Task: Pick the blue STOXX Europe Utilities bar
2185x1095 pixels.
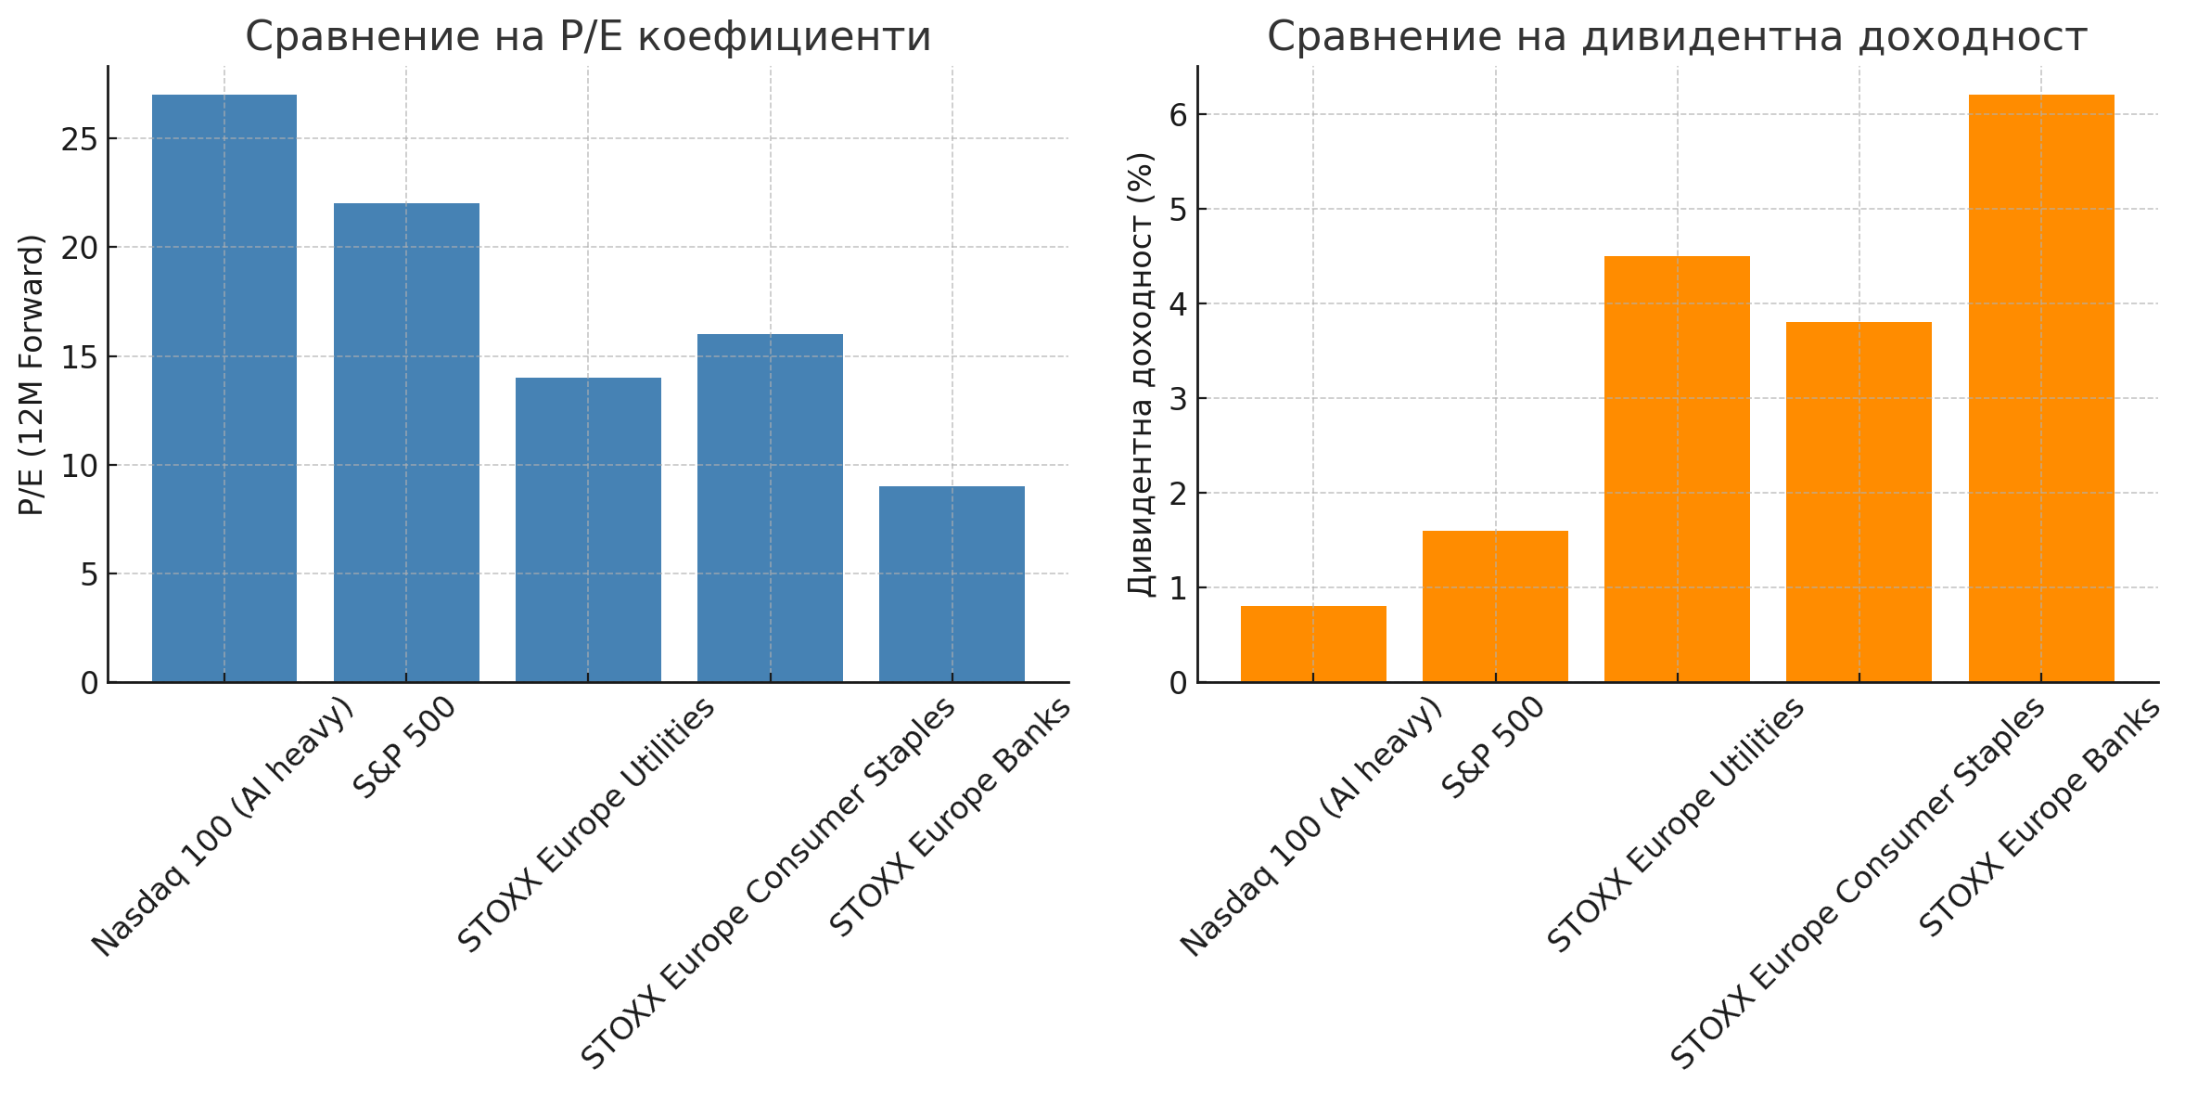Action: [x=588, y=530]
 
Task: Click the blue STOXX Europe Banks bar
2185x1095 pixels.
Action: [x=952, y=584]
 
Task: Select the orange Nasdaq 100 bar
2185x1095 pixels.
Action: [x=1313, y=644]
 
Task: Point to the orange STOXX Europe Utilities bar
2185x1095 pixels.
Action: [x=1677, y=469]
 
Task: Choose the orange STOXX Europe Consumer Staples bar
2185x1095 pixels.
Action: [x=1859, y=502]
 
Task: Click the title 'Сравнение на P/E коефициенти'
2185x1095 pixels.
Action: [x=588, y=37]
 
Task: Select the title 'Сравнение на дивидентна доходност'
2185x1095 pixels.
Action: [x=1677, y=37]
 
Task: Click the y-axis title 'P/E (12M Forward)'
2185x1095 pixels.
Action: [x=32, y=375]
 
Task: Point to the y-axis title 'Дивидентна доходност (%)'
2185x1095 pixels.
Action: [x=1141, y=375]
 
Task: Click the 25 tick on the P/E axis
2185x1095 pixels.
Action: [x=80, y=139]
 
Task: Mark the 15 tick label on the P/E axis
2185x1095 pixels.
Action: [x=80, y=357]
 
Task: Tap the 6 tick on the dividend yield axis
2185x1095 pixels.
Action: [x=1178, y=115]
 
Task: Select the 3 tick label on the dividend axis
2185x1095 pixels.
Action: [x=1178, y=399]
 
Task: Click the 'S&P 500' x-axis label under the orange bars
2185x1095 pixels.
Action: [x=1493, y=748]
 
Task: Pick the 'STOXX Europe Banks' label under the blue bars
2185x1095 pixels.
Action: [x=950, y=817]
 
